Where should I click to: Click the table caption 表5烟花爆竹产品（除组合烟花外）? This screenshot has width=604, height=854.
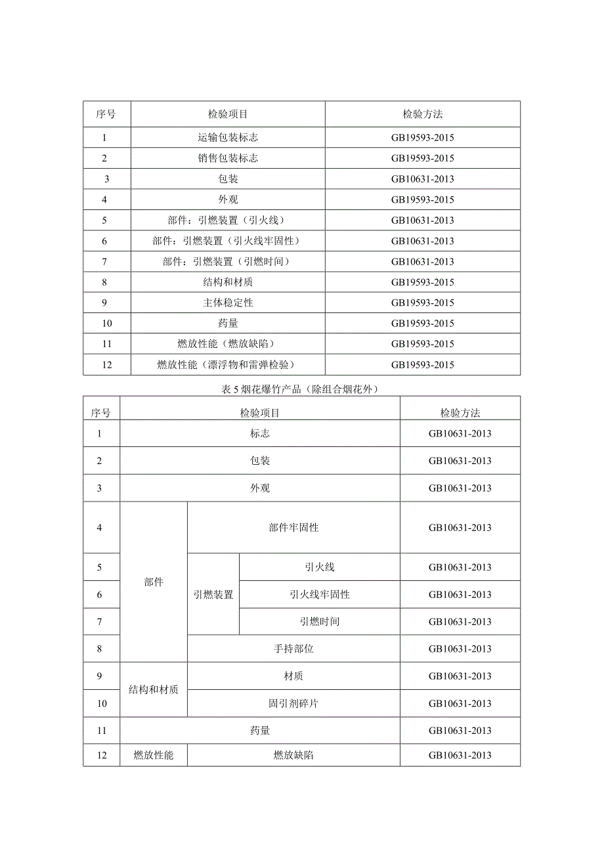coord(301,389)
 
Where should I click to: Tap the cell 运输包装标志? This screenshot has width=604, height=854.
coord(228,138)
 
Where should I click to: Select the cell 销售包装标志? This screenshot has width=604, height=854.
coord(228,158)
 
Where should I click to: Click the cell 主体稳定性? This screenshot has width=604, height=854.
coord(228,303)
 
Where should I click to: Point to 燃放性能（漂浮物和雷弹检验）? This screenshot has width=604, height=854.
coord(228,365)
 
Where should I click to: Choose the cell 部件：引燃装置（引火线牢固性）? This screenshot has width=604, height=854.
coord(228,241)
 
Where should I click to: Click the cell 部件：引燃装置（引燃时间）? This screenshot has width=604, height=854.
coord(228,261)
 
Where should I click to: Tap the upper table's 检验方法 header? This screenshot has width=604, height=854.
coord(423,114)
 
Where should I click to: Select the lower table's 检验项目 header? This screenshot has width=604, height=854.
coord(260,413)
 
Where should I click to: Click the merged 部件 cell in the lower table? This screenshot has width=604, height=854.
coord(154,582)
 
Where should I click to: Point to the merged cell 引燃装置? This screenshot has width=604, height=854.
coord(213,595)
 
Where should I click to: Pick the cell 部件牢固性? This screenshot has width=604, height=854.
coord(293,528)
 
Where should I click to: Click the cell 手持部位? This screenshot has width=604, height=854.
coord(293,649)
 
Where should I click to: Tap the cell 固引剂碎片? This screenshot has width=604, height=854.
coord(293,704)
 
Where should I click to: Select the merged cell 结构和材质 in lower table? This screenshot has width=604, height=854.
coord(154,690)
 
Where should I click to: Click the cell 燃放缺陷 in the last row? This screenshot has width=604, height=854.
coord(293,755)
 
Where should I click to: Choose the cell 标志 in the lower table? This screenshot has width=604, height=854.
coord(260,433)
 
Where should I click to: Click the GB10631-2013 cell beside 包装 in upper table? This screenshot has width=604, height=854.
coord(423,179)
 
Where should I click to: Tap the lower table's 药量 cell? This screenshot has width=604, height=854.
coord(260,730)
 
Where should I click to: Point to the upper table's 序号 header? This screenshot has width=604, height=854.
coord(106,114)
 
